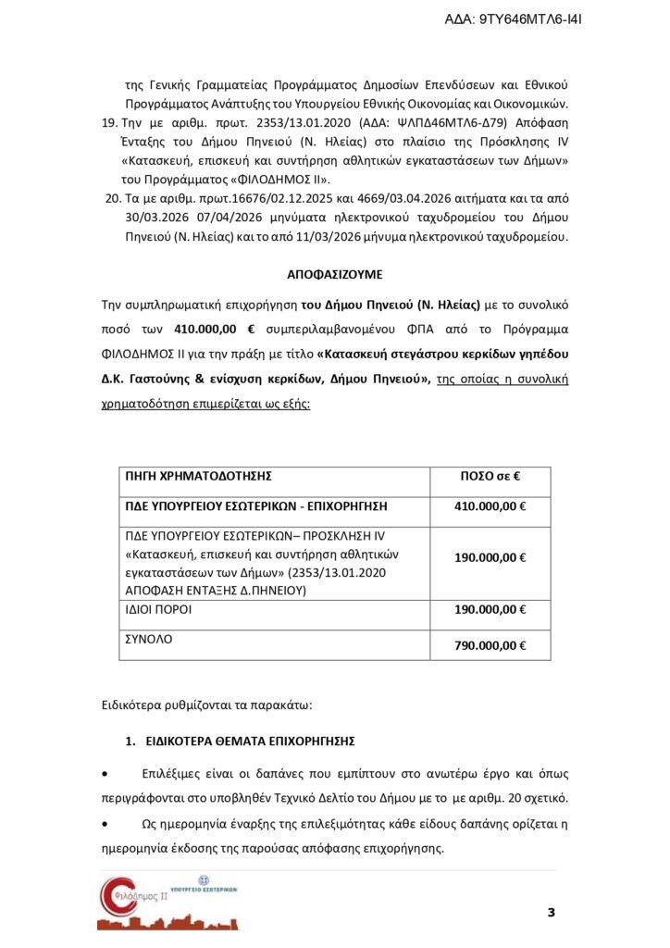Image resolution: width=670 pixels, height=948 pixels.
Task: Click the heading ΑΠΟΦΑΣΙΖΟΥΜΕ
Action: pos(334,275)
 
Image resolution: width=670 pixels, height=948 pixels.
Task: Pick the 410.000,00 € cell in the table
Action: pos(490,506)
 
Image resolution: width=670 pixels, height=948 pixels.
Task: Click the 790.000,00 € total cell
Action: pos(490,645)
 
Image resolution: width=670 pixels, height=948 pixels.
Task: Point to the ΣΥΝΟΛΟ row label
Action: pos(149,639)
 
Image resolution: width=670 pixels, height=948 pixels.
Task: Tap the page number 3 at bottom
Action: pos(552,914)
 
